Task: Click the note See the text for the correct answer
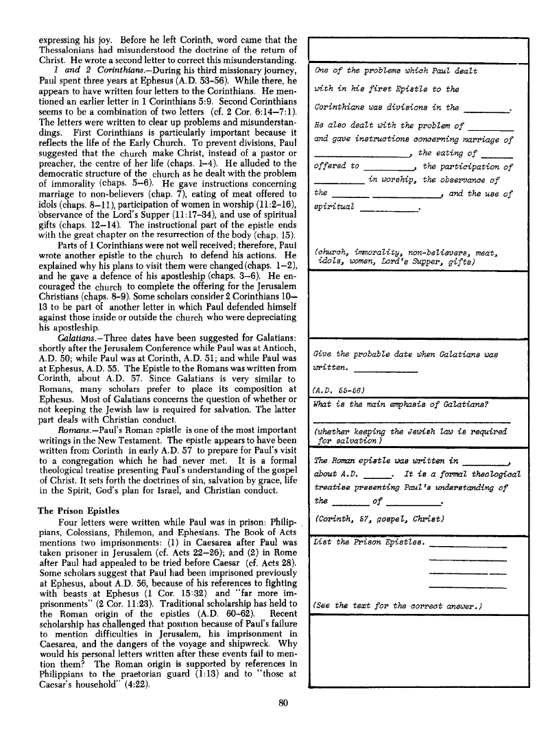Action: pyautogui.click(x=398, y=604)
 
